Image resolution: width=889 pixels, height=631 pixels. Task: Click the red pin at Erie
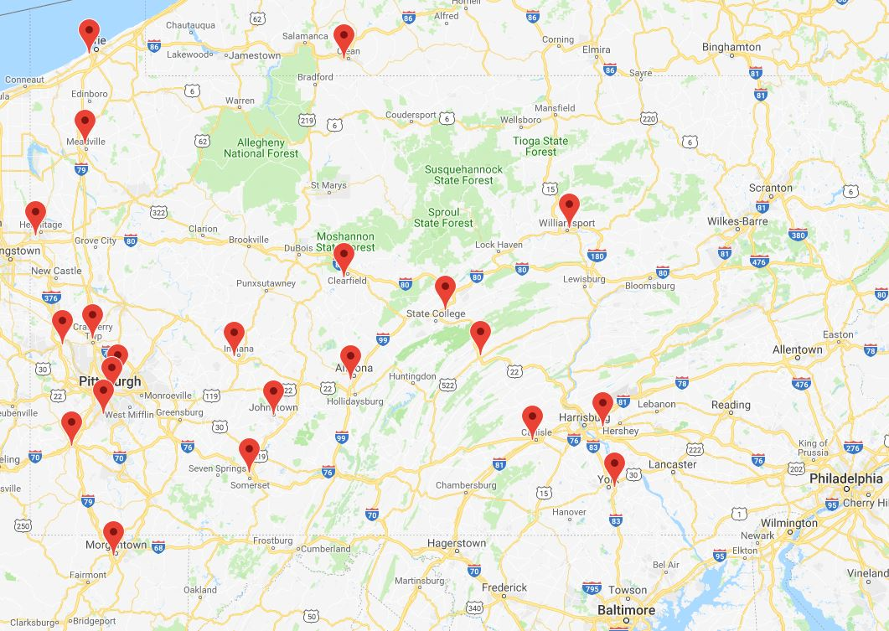90,33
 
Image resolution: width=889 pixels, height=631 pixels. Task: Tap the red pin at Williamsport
569,207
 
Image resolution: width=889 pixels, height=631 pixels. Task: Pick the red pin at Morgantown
113,534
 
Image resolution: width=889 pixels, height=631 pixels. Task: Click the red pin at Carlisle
532,419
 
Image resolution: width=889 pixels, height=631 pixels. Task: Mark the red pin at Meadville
85,123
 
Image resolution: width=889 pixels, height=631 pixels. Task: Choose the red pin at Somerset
249,452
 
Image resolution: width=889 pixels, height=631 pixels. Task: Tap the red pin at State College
445,289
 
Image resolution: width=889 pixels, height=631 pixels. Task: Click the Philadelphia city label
845,478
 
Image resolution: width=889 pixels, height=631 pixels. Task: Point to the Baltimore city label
626,610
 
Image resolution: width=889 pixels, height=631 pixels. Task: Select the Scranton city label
770,188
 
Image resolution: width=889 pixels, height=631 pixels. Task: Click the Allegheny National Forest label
261,148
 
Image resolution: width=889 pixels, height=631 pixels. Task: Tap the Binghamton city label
731,47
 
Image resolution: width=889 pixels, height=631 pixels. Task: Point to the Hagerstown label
456,543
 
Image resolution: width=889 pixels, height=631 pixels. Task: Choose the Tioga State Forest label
540,146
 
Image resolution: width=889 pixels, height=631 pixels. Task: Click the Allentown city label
797,349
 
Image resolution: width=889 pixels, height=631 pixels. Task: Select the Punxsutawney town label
266,283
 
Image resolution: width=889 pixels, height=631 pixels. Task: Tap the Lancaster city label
672,464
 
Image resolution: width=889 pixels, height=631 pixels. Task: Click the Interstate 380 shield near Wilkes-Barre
797,235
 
